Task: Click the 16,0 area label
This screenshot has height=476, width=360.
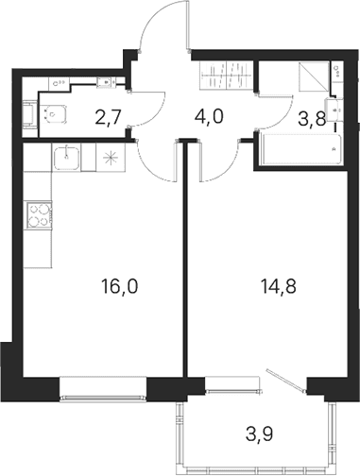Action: point(120,287)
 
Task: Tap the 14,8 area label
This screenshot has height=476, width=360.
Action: point(279,287)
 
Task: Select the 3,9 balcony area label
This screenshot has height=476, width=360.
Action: point(259,434)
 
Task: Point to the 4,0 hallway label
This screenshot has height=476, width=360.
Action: point(209,116)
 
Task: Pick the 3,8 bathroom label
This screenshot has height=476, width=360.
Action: point(312,119)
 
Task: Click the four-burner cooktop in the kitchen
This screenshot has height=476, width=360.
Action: point(40,214)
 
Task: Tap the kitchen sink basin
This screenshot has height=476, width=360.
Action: point(66,159)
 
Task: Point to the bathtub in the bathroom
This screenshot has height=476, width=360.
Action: point(301,149)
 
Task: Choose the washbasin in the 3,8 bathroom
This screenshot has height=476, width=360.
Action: point(334,110)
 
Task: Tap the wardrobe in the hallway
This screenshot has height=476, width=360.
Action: point(227,76)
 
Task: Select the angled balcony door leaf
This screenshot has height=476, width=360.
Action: point(286,381)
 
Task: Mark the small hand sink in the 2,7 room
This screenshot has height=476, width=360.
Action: point(104,81)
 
